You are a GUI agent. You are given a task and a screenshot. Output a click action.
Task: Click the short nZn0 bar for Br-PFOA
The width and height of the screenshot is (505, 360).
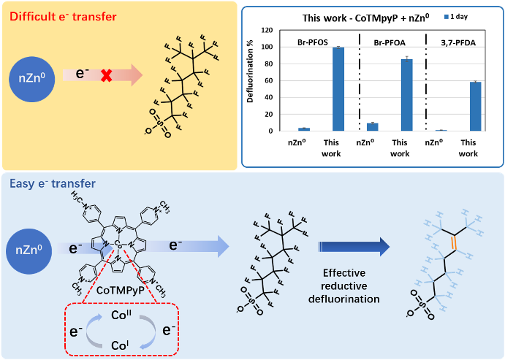[372, 127]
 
